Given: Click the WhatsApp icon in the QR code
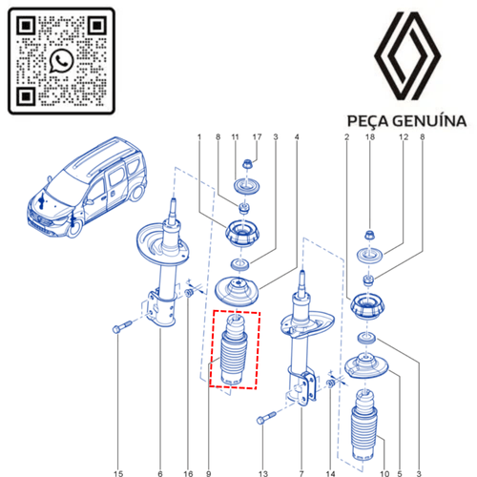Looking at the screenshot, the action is tap(61, 61).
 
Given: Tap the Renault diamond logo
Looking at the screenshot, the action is tap(407, 56).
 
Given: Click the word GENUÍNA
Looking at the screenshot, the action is tap(429, 121).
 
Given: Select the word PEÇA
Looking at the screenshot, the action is tap(368, 122).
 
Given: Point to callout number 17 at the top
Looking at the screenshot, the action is tap(257, 137).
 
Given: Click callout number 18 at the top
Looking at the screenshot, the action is tap(370, 137).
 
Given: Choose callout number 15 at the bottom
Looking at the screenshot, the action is tap(118, 473).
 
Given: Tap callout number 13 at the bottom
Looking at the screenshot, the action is tap(263, 473).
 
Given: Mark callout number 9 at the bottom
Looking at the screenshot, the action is tap(209, 473).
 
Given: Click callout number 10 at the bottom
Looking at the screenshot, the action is tap(384, 473).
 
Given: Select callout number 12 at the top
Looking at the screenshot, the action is tap(404, 137).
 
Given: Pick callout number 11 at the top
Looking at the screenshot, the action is tap(235, 137).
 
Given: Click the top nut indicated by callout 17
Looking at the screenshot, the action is tap(247, 164).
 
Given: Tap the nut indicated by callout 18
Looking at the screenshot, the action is tap(369, 236).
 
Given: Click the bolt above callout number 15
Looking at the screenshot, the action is tap(122, 327).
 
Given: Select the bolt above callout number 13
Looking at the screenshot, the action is tap(266, 418).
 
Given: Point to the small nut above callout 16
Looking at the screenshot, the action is tap(189, 293).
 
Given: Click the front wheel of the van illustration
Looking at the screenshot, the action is tap(75, 228).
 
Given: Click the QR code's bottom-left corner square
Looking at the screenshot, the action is tap(26, 95).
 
